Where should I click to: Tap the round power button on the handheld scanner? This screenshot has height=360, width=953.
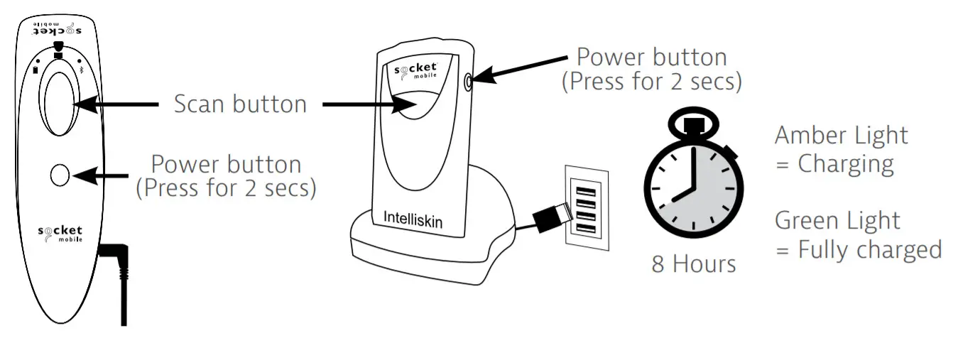click(60, 174)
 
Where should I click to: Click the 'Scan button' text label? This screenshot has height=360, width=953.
click(240, 104)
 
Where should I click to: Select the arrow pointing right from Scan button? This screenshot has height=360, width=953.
click(366, 104)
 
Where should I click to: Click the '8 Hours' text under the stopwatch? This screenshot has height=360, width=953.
click(694, 264)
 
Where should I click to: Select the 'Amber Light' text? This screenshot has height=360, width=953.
click(842, 135)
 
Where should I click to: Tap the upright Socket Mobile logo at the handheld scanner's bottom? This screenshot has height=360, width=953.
click(60, 234)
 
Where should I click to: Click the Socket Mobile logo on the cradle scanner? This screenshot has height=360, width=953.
click(416, 72)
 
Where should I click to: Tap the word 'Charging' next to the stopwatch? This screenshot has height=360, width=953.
click(845, 164)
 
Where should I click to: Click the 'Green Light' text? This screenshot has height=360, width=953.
click(838, 221)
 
